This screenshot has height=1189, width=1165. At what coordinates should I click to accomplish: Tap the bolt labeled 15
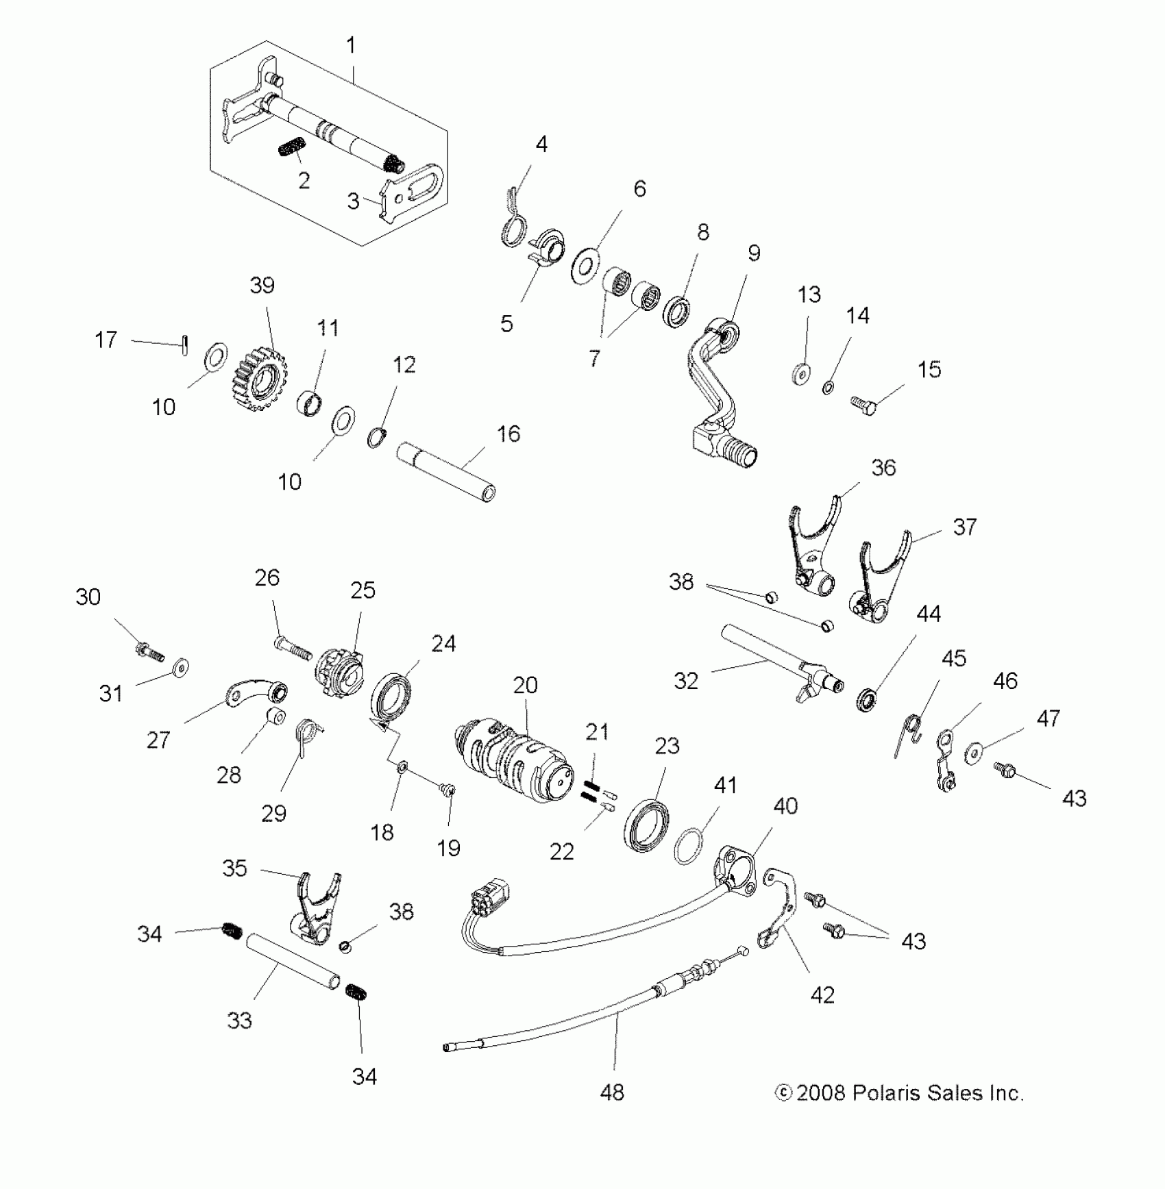pos(864,405)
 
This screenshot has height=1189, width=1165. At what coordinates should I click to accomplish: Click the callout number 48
pos(611,1092)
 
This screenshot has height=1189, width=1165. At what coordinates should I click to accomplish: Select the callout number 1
pos(351,46)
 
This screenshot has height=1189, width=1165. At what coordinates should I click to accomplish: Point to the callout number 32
pos(685,680)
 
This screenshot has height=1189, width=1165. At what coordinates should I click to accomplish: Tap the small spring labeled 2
pos(292,148)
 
